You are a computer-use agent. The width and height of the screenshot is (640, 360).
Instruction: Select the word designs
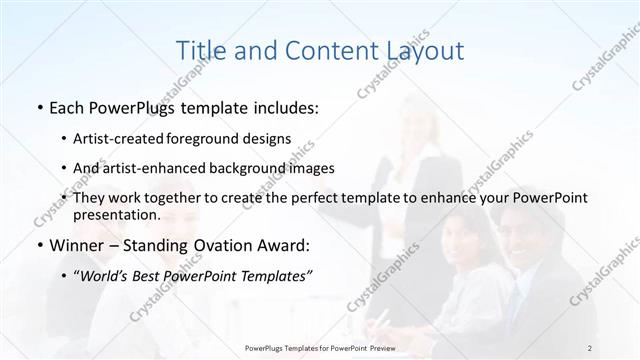click(x=267, y=140)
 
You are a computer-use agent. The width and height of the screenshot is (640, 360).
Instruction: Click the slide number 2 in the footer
click(x=591, y=348)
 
